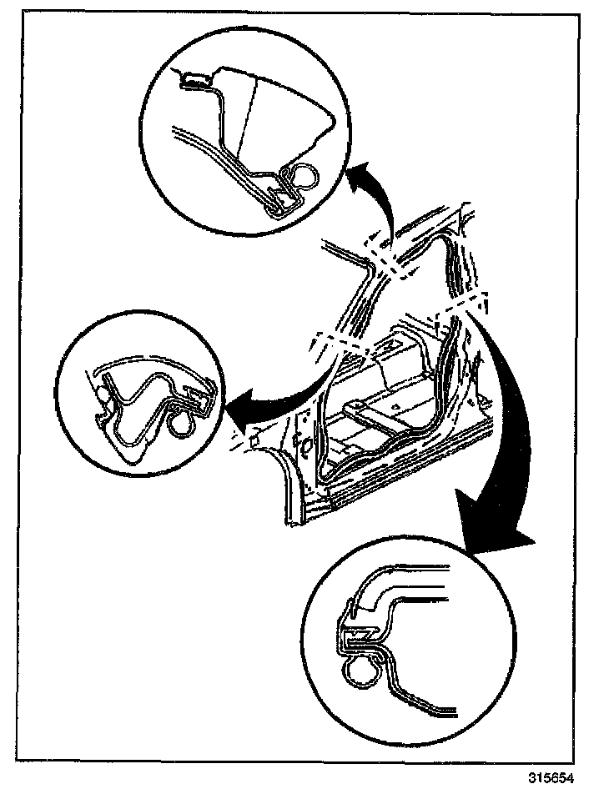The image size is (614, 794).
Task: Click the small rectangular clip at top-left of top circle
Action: point(195,80)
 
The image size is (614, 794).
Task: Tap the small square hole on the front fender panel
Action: point(252,434)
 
